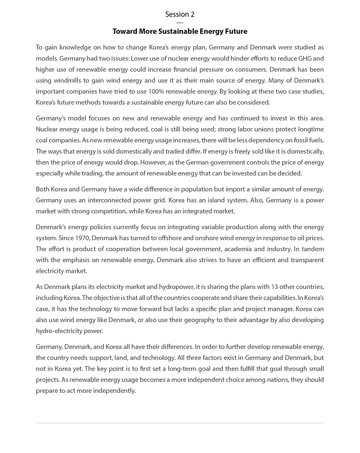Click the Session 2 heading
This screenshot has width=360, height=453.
180,14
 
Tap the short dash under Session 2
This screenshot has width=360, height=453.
180,22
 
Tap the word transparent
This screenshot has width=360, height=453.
307,260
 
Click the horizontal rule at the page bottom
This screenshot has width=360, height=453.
180,423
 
